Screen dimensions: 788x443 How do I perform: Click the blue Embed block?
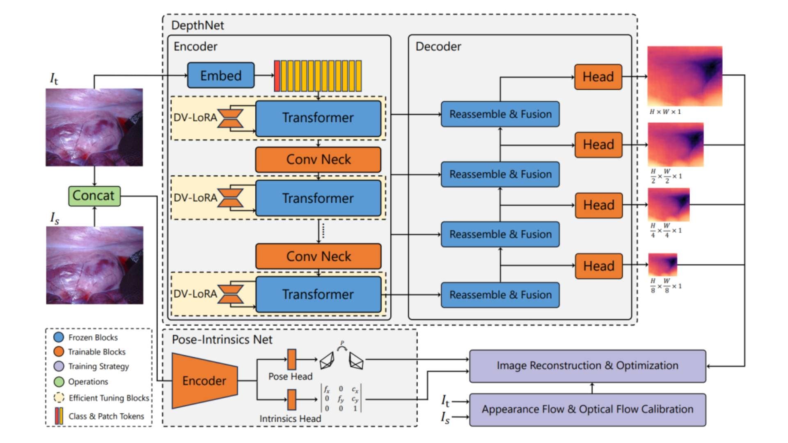(221, 75)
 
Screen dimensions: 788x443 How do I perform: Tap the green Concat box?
(94, 196)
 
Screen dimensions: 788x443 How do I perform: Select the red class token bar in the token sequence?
(277, 76)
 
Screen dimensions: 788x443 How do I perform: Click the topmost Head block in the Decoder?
(598, 77)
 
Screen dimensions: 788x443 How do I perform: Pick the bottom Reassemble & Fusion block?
(500, 295)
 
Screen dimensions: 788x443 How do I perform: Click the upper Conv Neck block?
(318, 160)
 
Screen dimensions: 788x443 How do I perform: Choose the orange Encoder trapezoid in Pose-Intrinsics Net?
(204, 381)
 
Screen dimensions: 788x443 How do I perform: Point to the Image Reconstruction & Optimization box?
(587, 366)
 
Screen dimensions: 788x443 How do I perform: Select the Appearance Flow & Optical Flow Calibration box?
(587, 409)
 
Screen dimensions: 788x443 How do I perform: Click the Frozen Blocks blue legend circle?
(59, 337)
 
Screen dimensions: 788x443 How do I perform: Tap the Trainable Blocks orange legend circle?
(59, 352)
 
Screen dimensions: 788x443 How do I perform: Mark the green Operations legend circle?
(59, 381)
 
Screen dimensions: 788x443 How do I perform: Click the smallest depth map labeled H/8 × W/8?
(662, 265)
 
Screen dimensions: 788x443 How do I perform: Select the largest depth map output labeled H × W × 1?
(685, 76)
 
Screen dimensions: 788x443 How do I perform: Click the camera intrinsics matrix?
(341, 398)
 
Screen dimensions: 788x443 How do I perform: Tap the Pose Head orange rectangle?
(291, 359)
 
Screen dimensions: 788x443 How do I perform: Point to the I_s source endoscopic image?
(95, 265)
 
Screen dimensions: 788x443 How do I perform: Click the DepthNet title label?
(197, 25)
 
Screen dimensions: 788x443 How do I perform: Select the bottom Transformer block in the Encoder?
(318, 295)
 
